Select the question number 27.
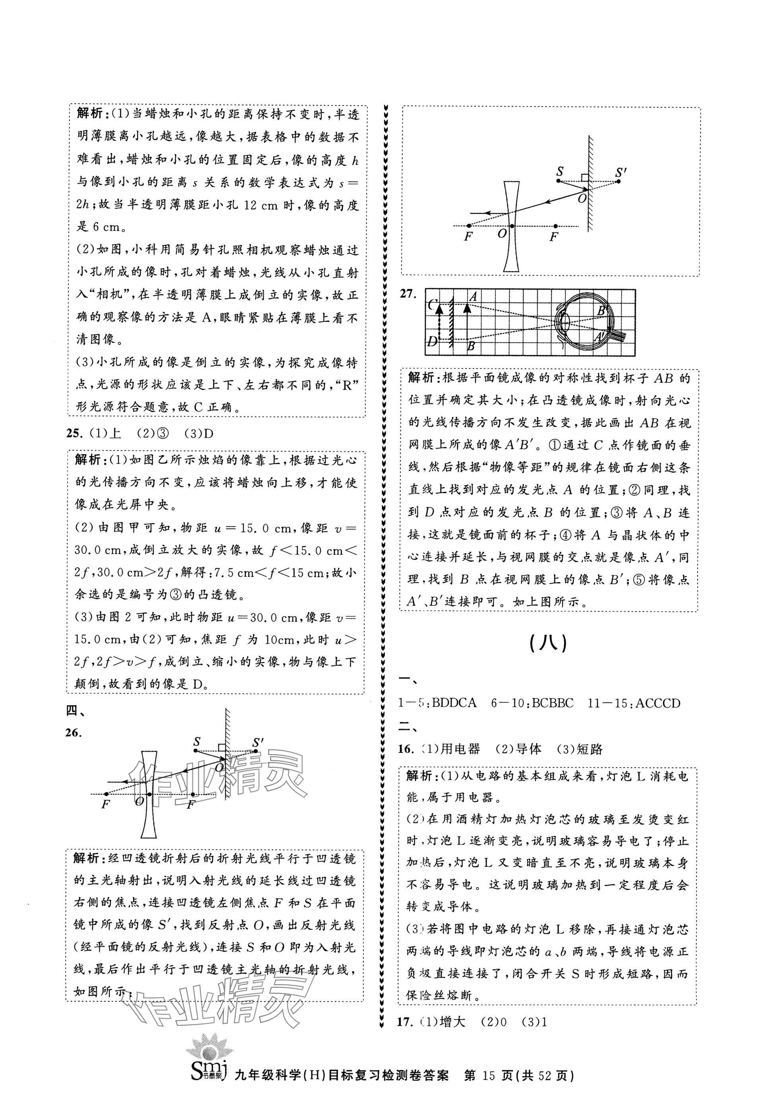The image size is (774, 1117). pyautogui.click(x=408, y=294)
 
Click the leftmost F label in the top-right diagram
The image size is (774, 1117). pyautogui.click(x=468, y=237)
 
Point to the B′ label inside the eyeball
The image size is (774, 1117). pyautogui.click(x=602, y=311)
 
